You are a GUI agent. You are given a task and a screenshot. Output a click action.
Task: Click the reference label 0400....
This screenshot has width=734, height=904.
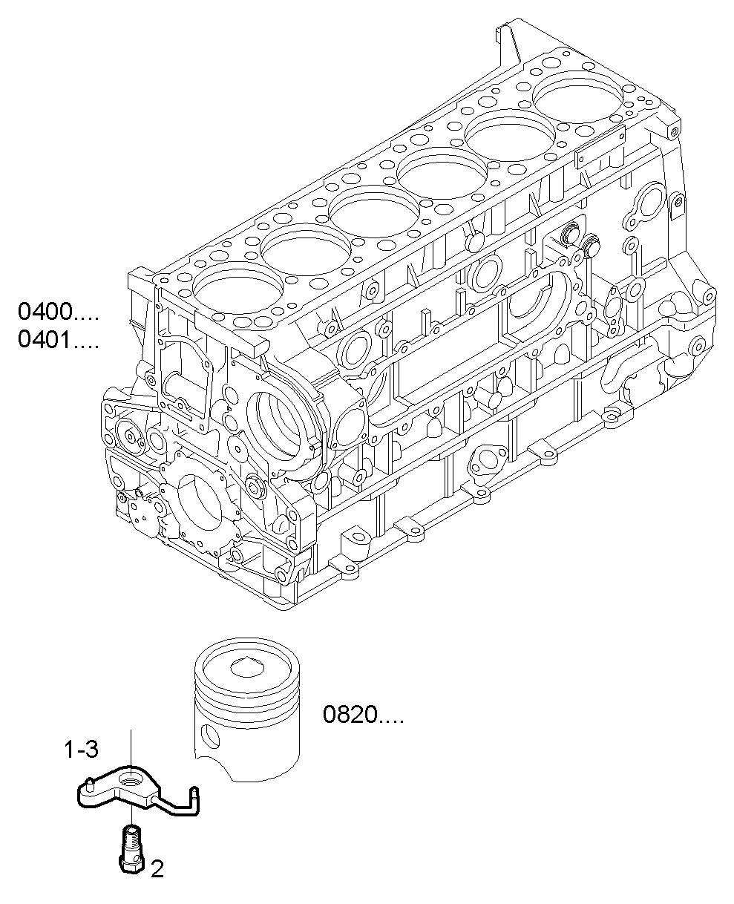[58, 311]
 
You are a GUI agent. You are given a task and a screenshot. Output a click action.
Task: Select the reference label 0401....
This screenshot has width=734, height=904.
[58, 340]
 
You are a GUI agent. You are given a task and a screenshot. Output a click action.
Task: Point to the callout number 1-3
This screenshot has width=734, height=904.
[80, 750]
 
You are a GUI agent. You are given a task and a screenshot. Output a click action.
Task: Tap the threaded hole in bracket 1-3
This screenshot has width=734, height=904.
[131, 780]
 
